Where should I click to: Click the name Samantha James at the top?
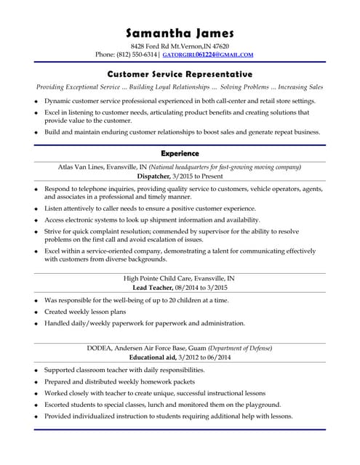(180, 33)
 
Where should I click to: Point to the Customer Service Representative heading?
(180, 74)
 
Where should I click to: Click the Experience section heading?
(180, 153)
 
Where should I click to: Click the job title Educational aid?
(153, 357)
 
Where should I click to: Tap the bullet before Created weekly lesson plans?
(36, 312)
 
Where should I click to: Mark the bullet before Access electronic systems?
(36, 220)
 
